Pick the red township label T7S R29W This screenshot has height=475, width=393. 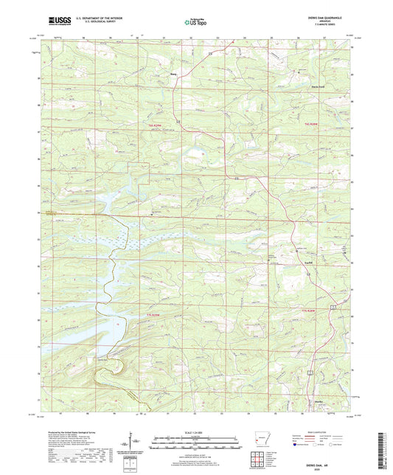[150, 316]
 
